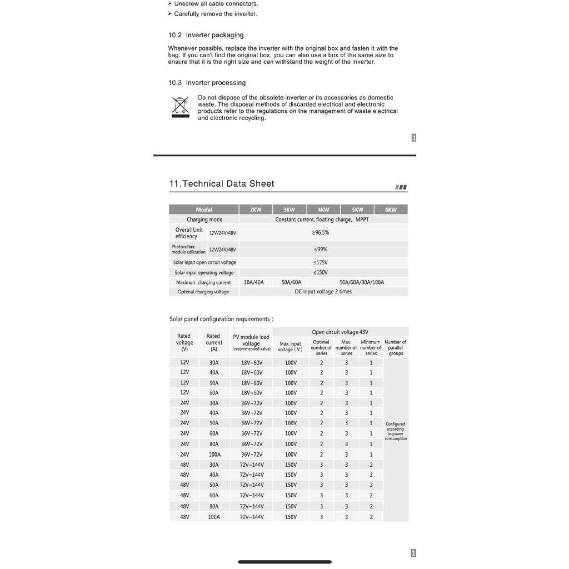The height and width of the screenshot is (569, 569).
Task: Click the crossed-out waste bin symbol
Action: [x=180, y=107]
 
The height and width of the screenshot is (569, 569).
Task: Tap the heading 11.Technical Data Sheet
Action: [x=221, y=184]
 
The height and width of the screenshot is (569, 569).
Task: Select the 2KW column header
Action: [x=256, y=209]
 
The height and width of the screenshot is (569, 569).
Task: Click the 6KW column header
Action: [x=391, y=209]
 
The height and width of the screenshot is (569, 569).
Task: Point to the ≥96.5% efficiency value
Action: [x=321, y=233]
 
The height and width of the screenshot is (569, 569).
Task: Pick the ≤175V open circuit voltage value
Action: [x=321, y=262]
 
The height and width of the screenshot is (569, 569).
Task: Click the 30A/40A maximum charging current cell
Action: [x=254, y=282]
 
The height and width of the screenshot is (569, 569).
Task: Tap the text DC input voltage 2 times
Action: [x=323, y=292]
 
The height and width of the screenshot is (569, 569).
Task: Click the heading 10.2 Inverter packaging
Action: [x=206, y=35]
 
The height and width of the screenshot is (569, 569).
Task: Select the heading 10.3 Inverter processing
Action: [x=207, y=83]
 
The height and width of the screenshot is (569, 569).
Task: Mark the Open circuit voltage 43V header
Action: [x=340, y=332]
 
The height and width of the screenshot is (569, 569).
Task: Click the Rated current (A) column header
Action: [x=213, y=342]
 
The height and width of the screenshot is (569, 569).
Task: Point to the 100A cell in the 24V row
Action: [x=214, y=455]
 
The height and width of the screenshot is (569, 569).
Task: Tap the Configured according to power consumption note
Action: [x=396, y=431]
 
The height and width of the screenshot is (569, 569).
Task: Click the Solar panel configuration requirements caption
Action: [x=221, y=319]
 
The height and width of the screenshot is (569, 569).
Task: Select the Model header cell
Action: [x=204, y=209]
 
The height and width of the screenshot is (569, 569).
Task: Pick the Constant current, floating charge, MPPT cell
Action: [x=322, y=219]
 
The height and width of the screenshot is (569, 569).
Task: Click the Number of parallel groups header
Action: [x=395, y=347]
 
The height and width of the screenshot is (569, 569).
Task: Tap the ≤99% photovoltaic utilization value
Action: [x=321, y=249]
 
